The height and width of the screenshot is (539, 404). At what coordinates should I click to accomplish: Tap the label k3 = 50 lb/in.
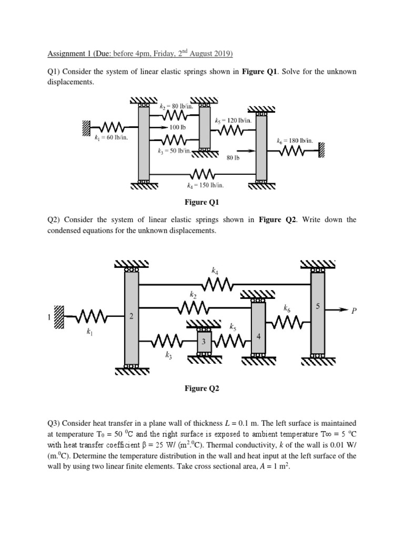point(174,151)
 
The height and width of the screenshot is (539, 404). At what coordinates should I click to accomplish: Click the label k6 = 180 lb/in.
point(295,141)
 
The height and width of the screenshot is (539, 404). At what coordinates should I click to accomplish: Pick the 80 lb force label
point(233,157)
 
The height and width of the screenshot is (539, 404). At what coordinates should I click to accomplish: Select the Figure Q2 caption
point(201,388)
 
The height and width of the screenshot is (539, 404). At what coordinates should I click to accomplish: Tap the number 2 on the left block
point(131,316)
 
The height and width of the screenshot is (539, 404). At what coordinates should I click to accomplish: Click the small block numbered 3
point(204,341)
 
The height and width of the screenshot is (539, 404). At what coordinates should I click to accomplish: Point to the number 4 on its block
point(258,336)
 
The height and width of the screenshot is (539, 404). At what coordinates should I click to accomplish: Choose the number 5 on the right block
point(318,305)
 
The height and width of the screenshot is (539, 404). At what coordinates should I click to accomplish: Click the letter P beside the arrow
point(355,311)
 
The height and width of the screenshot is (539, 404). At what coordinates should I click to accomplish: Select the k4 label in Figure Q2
point(215,271)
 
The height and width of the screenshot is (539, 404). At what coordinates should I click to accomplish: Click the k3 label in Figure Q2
point(168,356)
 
